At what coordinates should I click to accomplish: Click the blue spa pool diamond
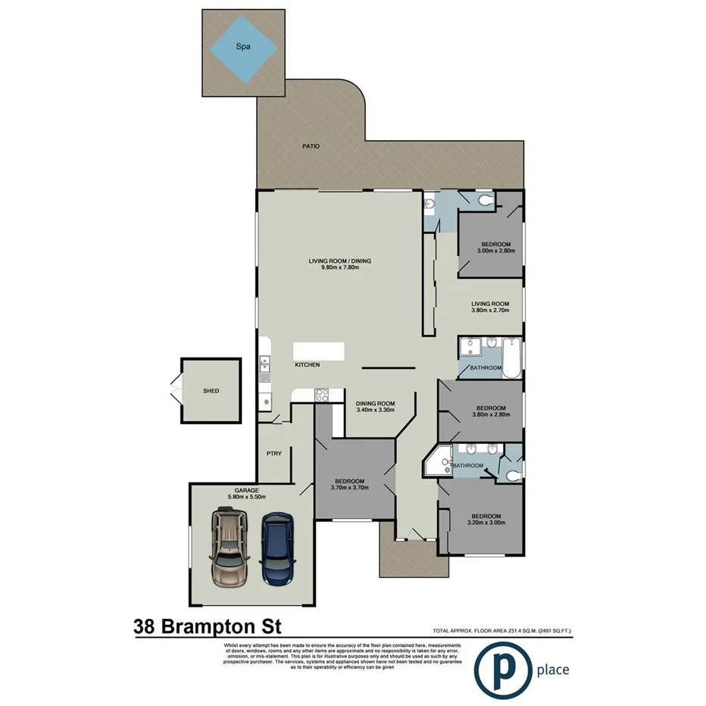tap(244, 49)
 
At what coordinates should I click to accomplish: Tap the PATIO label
tap(311, 145)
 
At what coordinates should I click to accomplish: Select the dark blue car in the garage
tap(277, 550)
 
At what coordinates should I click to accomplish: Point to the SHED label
tap(211, 391)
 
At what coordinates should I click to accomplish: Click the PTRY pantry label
tap(273, 454)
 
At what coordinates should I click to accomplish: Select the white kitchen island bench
tap(319, 351)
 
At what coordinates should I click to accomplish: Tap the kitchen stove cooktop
tap(321, 394)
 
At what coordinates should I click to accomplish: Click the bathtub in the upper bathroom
tap(512, 360)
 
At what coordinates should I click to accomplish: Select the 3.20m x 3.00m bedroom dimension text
tap(484, 524)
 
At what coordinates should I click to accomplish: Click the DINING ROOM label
tap(376, 403)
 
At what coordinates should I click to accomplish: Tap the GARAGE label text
tap(246, 489)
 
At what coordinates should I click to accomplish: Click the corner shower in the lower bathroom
tap(438, 462)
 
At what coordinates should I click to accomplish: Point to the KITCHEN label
tap(308, 365)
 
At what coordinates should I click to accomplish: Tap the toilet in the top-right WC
tap(484, 200)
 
